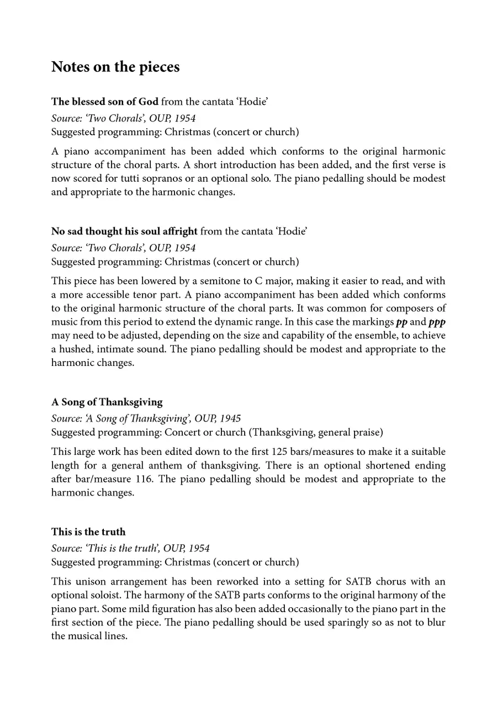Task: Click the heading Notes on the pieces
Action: click(115, 67)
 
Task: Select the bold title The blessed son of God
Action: click(105, 102)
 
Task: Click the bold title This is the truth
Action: click(88, 532)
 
